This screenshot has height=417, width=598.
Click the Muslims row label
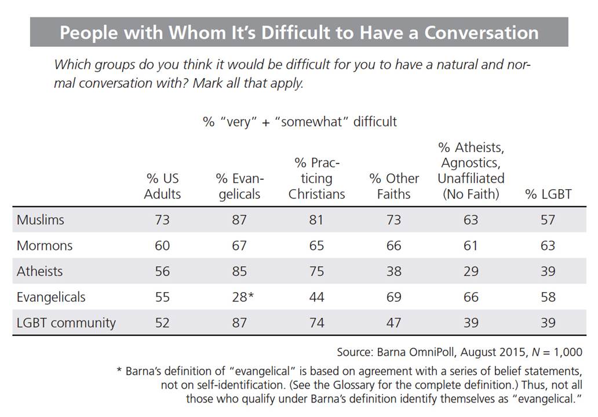(x=40, y=220)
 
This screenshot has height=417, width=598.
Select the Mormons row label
(x=45, y=246)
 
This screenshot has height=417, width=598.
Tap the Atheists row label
(x=39, y=271)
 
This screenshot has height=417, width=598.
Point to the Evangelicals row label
(x=51, y=297)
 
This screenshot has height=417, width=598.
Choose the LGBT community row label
(x=66, y=323)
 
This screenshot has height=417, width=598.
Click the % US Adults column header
(x=162, y=186)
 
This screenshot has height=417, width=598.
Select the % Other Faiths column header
(x=393, y=186)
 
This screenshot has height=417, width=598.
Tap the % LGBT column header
(x=548, y=194)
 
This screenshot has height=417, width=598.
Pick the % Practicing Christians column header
(x=316, y=179)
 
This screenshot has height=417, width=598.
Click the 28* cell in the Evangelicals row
(x=242, y=297)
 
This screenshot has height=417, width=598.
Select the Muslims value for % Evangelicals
(x=239, y=220)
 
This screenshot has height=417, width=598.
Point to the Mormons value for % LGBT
(x=548, y=246)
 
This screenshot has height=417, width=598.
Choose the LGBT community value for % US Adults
(x=162, y=323)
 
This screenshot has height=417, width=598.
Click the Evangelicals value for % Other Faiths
(x=393, y=297)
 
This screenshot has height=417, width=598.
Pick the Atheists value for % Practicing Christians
(x=316, y=271)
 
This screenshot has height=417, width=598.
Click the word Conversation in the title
(x=481, y=32)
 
